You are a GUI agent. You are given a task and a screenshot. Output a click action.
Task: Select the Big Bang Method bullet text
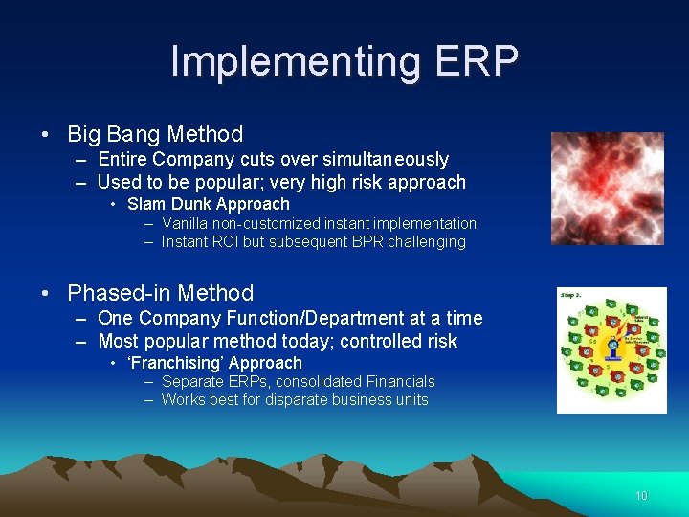(155, 134)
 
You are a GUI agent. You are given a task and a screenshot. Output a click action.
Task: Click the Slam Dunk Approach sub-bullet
(208, 204)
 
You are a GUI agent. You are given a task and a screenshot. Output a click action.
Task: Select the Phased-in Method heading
(160, 293)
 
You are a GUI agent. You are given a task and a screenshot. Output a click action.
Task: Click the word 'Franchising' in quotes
(169, 363)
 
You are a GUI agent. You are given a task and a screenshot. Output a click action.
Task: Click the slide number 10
(640, 496)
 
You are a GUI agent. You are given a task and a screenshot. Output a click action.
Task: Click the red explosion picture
(607, 189)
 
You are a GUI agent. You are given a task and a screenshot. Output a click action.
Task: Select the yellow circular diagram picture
(611, 350)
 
